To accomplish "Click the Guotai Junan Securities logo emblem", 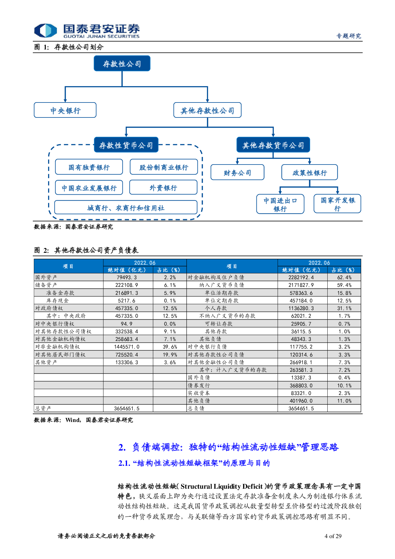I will coord(45,31).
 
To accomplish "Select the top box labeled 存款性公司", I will coord(122,63).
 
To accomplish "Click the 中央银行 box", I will coord(65,110).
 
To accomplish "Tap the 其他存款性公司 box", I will coord(207,110).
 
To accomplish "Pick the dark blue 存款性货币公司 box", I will coord(126,145).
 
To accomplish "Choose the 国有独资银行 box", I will coord(89,167).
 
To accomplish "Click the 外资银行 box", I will coord(163,187).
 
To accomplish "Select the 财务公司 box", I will coord(237,173).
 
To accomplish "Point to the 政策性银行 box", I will coord(309,173).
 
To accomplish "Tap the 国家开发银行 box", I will coord(337,204).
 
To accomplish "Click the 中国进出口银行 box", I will coord(280,204).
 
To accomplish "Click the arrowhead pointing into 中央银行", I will coord(65,100).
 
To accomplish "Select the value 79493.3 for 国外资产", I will coord(126,277).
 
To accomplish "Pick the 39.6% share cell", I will coord(170,347).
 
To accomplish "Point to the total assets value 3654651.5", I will coord(126,408).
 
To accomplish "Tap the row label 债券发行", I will coord(199,385).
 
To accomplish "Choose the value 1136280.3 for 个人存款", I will coord(301,308).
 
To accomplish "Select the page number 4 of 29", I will coord(333,536).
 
